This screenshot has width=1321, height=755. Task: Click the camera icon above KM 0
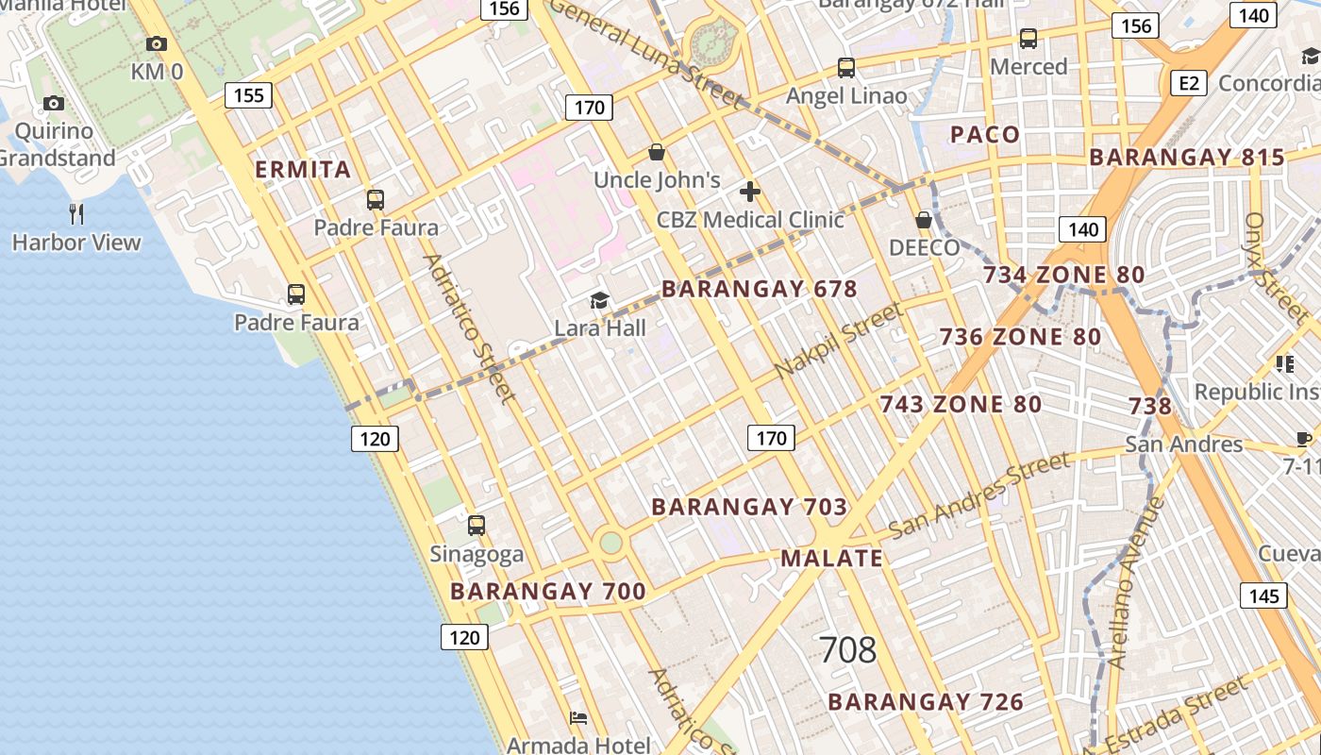[157, 43]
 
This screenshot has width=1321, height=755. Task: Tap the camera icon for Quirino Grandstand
[54, 103]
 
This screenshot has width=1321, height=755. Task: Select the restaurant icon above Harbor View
[76, 214]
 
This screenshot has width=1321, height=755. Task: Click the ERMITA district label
[304, 170]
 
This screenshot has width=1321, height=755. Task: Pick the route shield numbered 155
[249, 95]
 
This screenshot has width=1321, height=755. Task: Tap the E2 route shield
[1189, 83]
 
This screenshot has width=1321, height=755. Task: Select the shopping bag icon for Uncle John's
[657, 152]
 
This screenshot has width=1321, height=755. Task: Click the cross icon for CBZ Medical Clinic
[750, 192]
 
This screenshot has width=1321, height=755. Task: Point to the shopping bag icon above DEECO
[924, 220]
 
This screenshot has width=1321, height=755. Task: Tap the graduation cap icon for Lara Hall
[599, 300]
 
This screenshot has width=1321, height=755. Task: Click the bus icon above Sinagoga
[477, 526]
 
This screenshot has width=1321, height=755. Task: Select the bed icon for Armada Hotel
[578, 718]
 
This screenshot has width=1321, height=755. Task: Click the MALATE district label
[831, 558]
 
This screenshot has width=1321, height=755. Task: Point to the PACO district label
[985, 134]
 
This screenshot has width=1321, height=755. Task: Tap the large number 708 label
[847, 650]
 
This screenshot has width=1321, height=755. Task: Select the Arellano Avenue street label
[1138, 583]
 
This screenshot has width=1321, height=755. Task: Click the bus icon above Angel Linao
[846, 68]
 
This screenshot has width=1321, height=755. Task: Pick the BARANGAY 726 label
[926, 702]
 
